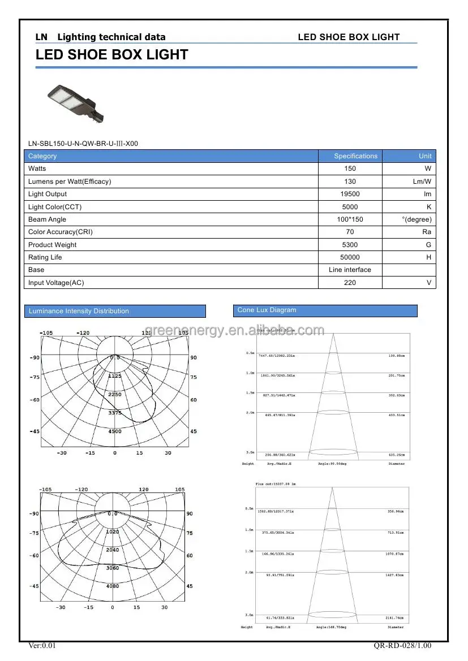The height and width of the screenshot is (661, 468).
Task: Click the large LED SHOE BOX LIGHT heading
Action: coord(112,55)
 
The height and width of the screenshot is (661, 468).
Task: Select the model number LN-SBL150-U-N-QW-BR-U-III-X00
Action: coord(83,144)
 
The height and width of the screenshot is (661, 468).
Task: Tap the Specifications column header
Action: coord(355,156)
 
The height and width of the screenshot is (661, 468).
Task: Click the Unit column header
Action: coord(425,156)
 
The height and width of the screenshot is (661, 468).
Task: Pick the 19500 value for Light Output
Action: coord(350,194)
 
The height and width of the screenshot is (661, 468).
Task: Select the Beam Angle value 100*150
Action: coord(350,219)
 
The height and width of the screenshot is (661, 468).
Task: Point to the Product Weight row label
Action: coord(53,245)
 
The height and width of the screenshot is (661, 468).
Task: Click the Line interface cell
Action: coord(350,270)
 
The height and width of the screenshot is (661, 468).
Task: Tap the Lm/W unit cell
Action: coord(422,182)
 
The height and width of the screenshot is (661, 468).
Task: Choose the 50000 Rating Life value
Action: coord(350,257)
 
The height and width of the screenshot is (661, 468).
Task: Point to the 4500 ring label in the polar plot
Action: coord(115,431)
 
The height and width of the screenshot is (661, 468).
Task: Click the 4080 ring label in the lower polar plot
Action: coord(113,586)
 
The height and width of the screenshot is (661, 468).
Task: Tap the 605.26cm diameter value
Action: coord(396,455)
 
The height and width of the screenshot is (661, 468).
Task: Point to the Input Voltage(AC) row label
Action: coord(56,283)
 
